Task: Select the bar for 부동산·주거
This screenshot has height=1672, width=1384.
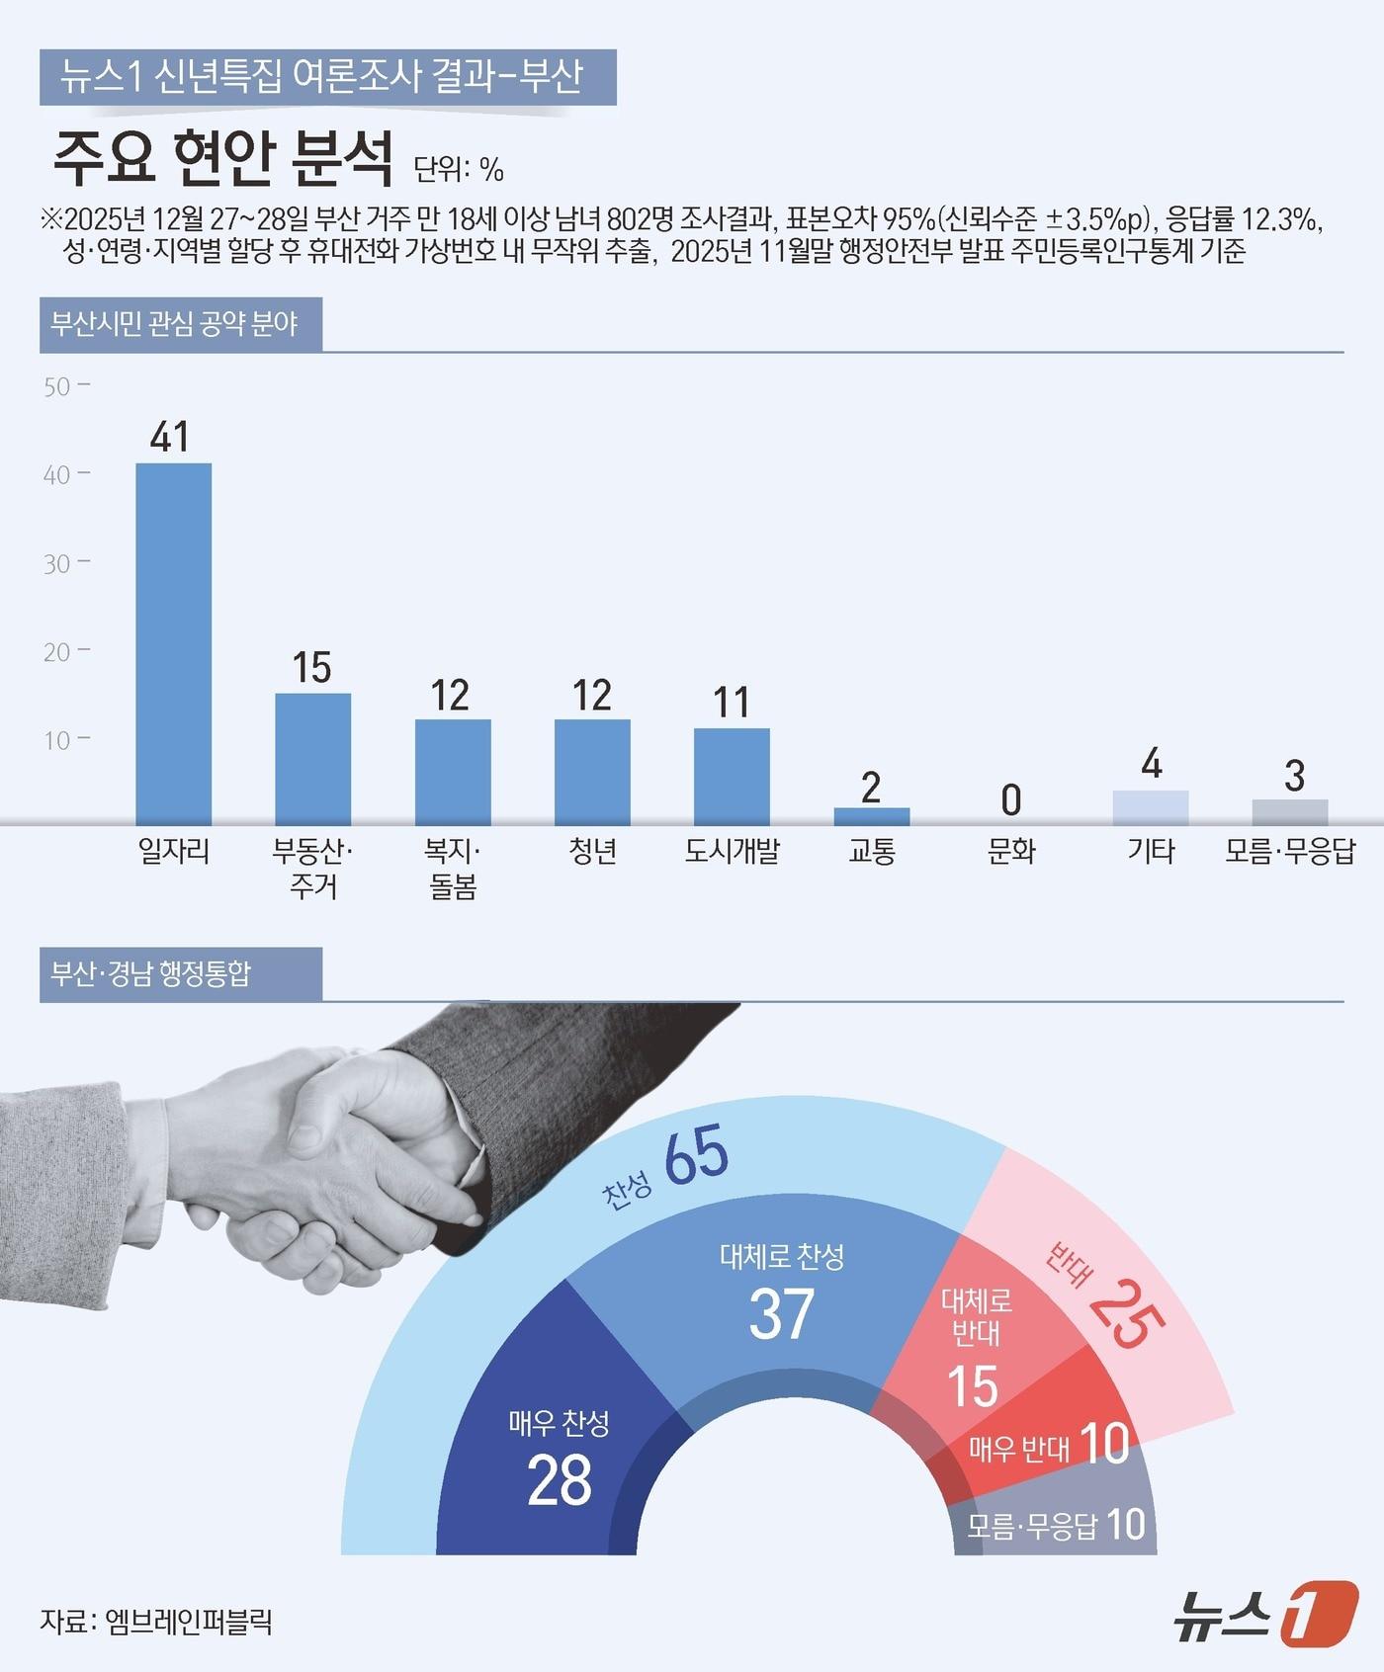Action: pyautogui.click(x=312, y=758)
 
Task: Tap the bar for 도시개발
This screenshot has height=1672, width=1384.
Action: pyautogui.click(x=732, y=776)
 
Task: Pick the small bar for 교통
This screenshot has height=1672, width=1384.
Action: pyautogui.click(x=871, y=816)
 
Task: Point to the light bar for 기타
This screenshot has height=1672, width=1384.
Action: pyautogui.click(x=1151, y=807)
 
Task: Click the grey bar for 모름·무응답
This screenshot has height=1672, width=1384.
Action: pyautogui.click(x=1290, y=811)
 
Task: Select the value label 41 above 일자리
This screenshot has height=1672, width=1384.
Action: pyautogui.click(x=170, y=437)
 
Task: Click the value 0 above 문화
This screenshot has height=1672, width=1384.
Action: pyautogui.click(x=1010, y=800)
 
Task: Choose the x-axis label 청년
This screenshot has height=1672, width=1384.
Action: pyautogui.click(x=592, y=851)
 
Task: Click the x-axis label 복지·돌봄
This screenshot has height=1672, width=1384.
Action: pyautogui.click(x=453, y=869)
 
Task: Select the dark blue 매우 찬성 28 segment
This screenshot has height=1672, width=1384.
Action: pyautogui.click(x=554, y=1453)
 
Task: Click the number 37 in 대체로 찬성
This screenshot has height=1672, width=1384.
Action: pyautogui.click(x=781, y=1314)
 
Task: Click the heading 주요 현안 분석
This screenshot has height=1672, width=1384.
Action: pyautogui.click(x=223, y=159)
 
